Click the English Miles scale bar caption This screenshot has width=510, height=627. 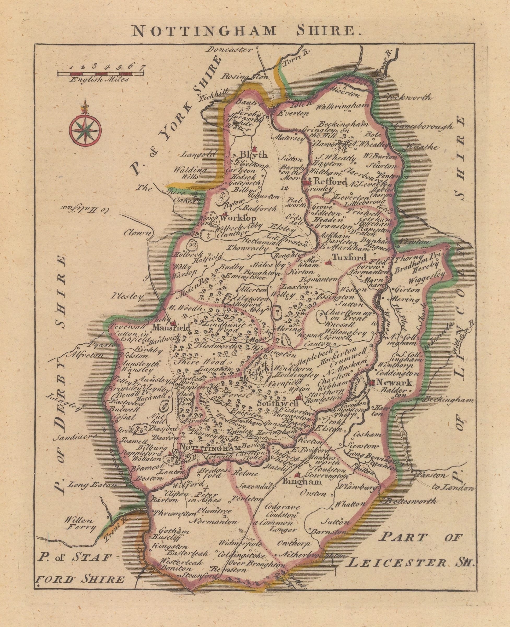(x=99, y=79)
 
